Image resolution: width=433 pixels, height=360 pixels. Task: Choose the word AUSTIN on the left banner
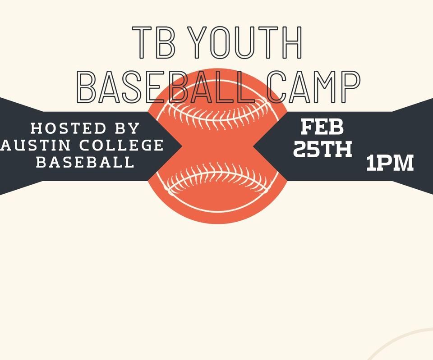click(29, 145)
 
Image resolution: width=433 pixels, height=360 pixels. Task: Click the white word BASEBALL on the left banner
click(85, 162)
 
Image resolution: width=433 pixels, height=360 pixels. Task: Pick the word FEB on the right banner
click(322, 128)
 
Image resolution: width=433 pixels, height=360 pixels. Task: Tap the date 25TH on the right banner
click(322, 149)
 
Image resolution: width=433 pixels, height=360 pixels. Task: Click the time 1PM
click(390, 163)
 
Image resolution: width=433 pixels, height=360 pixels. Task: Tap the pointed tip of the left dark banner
click(182, 146)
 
